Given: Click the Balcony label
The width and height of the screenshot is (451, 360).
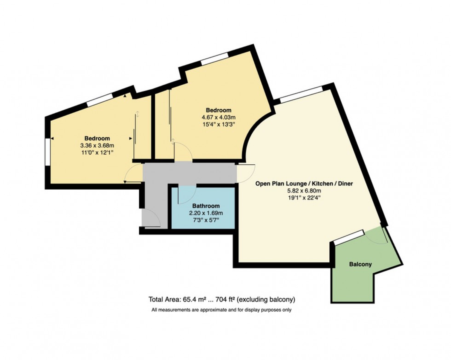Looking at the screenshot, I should pos(360,264).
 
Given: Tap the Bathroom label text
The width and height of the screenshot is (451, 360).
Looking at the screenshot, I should pos(206,206).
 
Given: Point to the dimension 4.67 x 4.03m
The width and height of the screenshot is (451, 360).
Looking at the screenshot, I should pos(218,118).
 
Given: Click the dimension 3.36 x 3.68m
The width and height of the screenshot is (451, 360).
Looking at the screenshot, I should pos(97,146).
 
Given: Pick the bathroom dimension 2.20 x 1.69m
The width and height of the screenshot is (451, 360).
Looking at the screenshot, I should pos(206,213).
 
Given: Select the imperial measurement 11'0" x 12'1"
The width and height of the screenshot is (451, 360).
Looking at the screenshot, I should pos(97,154).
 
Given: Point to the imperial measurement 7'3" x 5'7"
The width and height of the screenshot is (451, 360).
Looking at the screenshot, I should pos(206,221).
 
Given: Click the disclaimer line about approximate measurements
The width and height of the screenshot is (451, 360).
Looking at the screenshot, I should pos(221,310).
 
